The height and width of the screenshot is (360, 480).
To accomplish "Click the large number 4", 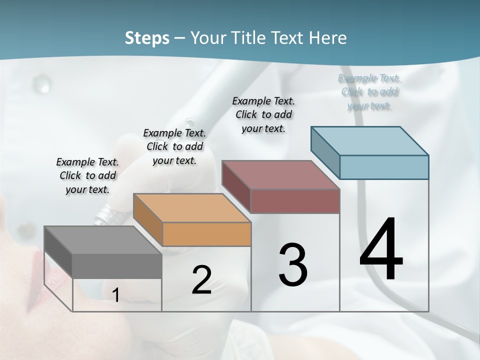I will pyautogui.click(x=381, y=249).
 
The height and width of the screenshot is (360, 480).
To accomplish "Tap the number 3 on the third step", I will pyautogui.click(x=292, y=264).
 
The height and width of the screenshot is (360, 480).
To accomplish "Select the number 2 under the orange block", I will pyautogui.click(x=201, y=280).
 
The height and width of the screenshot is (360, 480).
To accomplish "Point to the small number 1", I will pyautogui.click(x=115, y=295).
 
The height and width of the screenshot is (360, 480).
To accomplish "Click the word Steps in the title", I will pyautogui.click(x=147, y=38).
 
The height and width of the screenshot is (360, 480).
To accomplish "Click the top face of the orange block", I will pyautogui.click(x=190, y=207).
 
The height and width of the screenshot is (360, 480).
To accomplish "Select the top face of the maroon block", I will pyautogui.click(x=279, y=175).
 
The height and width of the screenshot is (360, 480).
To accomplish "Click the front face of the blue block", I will pyautogui.click(x=384, y=167).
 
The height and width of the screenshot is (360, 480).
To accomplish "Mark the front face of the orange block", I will pyautogui.click(x=206, y=234).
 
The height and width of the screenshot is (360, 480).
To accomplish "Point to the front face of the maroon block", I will pyautogui.click(x=295, y=201).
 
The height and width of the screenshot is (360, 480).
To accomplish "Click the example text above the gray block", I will pyautogui.click(x=87, y=175).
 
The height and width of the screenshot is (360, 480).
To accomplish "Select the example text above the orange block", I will pyautogui.click(x=174, y=146).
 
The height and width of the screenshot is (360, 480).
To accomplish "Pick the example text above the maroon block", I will pyautogui.click(x=263, y=114).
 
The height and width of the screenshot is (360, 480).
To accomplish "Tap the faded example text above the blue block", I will pyautogui.click(x=369, y=92).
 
